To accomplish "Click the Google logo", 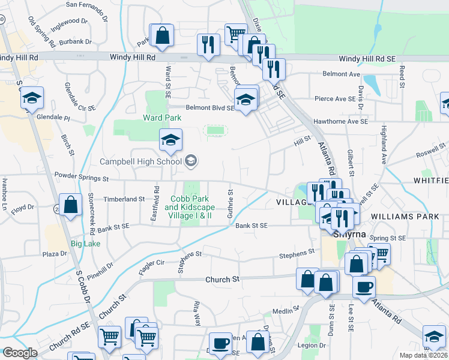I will [x=20, y=353].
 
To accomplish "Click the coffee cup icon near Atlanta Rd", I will [x=364, y=286].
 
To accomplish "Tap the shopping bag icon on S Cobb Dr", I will [x=71, y=205].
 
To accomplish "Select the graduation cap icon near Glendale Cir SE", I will [x=31, y=98].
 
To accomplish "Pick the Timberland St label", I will [x=124, y=199].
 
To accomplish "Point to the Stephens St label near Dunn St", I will [x=297, y=256].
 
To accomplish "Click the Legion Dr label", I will [x=314, y=346].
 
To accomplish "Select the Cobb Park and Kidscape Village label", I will [x=192, y=207].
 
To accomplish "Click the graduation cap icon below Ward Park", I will [x=170, y=140].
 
